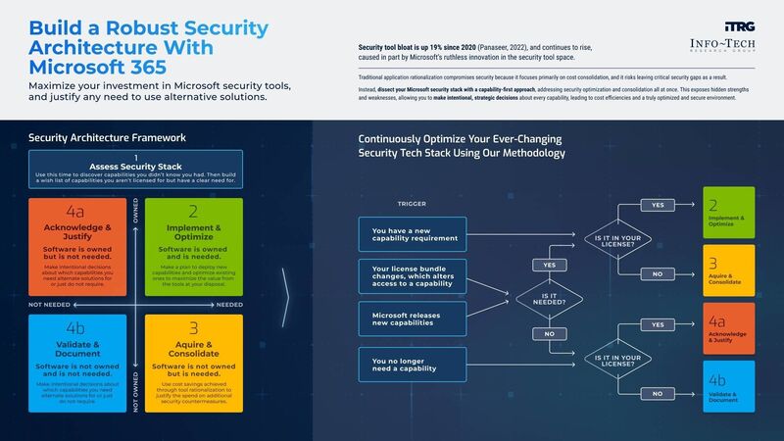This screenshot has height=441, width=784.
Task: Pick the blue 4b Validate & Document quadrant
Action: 83,360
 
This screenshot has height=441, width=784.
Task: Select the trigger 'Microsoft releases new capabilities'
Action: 411,318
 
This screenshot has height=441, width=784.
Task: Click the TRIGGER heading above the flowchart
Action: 411,204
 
